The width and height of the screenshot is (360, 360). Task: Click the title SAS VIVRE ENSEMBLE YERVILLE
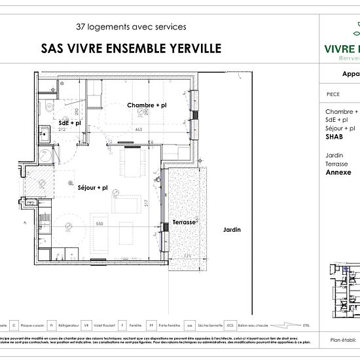click(131, 48)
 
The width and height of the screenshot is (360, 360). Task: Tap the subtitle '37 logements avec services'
click(131, 27)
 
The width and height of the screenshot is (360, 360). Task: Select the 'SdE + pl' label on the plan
click(69, 122)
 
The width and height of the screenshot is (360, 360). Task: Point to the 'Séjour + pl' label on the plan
click(92, 188)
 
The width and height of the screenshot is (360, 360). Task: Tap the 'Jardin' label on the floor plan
click(232, 230)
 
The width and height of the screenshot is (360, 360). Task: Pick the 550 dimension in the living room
click(99, 225)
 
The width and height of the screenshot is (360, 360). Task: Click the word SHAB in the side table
click(334, 138)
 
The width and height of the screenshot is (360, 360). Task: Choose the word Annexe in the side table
click(338, 173)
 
